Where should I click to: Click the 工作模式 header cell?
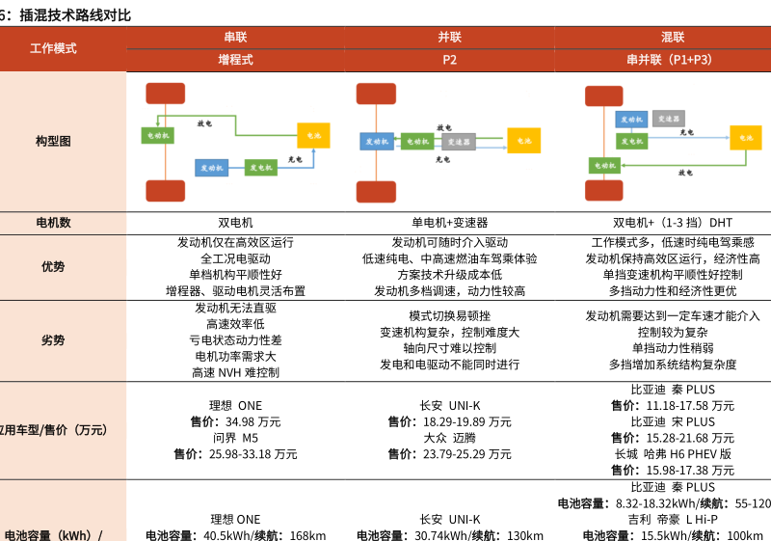(53, 48)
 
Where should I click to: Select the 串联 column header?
(235, 38)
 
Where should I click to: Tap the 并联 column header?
(449, 38)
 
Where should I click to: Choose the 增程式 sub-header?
(235, 60)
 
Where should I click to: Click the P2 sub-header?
(449, 60)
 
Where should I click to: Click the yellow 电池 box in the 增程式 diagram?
(313, 135)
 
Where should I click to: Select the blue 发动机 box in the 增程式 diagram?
(212, 167)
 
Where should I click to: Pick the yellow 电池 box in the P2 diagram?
(524, 141)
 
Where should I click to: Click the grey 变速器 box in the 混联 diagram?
(668, 119)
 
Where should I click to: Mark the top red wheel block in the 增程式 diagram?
(165, 94)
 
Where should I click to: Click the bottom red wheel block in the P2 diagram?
(376, 191)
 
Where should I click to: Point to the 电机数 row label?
(53, 223)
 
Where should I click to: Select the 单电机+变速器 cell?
(449, 223)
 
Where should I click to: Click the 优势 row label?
(53, 267)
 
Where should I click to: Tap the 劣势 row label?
(53, 340)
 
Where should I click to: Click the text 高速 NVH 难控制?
(235, 372)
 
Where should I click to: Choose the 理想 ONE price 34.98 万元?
(235, 421)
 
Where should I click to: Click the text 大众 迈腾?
(449, 437)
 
